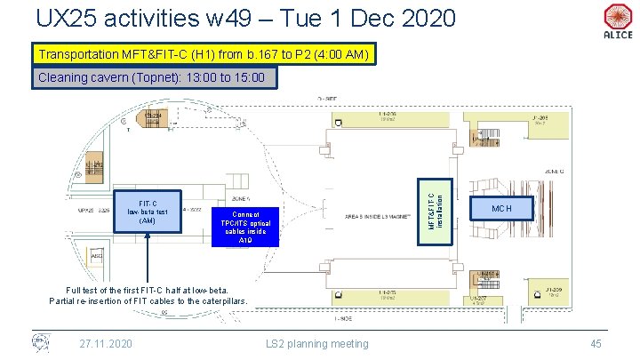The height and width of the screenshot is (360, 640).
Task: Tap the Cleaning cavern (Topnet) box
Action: point(152,78)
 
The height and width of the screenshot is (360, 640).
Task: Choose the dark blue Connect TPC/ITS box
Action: point(245,226)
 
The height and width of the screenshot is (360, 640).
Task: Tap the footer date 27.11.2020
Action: point(106,343)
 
